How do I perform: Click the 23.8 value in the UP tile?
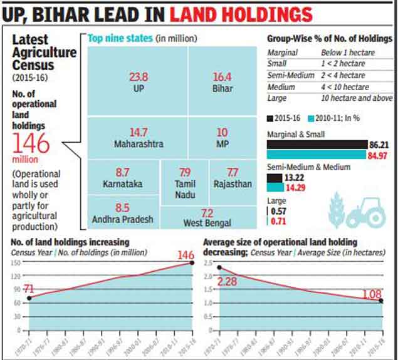tap(138, 78)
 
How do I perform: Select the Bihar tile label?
tap(221, 88)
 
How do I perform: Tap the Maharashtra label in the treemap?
tap(139, 144)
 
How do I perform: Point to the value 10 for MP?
tap(222, 133)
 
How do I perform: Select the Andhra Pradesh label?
tap(123, 219)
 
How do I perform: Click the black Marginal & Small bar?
tap(315, 143)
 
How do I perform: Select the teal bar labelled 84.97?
tap(315, 154)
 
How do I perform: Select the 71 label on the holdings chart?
tap(28, 288)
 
